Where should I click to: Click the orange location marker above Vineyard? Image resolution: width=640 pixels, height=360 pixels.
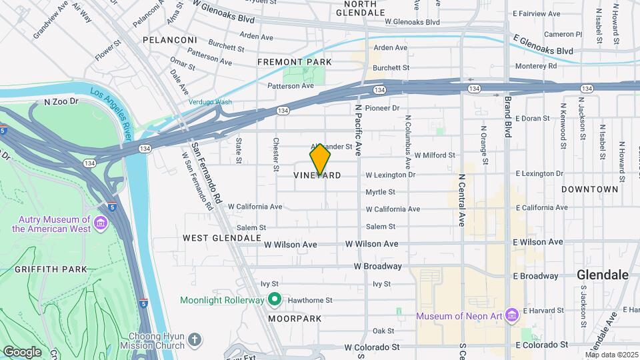click(x=320, y=159)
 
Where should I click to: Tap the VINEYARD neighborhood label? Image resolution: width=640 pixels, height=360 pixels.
click(x=317, y=175)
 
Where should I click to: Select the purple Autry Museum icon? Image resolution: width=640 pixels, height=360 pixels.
click(x=101, y=222)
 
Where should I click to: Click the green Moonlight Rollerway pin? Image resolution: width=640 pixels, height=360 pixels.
click(x=273, y=301)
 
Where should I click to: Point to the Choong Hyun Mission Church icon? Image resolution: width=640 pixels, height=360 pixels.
click(x=194, y=341)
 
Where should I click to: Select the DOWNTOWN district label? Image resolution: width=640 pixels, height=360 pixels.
click(x=589, y=189)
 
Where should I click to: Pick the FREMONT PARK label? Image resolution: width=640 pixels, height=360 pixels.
click(x=295, y=62)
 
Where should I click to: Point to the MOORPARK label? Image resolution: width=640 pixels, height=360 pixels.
click(x=295, y=319)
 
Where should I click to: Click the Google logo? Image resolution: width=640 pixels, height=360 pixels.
click(x=22, y=352)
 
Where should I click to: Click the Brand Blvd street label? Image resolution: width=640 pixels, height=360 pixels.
click(x=507, y=117)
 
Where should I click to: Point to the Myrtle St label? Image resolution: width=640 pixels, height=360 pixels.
click(x=380, y=192)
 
